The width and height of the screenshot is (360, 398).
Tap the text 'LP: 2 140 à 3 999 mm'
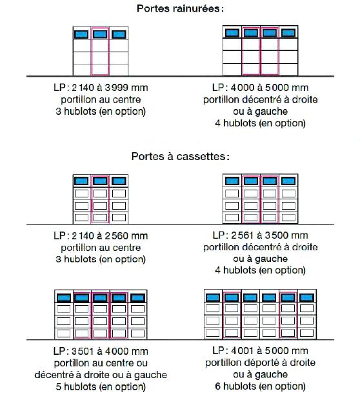(101, 88)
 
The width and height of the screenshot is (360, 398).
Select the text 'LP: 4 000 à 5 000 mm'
(260, 88)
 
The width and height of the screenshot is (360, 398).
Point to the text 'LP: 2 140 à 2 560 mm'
(101, 235)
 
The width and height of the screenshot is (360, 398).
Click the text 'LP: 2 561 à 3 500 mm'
(260, 235)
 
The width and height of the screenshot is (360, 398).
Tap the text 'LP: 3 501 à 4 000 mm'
(101, 351)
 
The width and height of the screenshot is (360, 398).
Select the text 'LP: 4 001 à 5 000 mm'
(260, 350)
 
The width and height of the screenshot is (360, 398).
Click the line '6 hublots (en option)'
(260, 386)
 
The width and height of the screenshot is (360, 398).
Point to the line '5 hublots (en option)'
(101, 386)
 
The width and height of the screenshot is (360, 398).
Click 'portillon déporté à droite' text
(260, 363)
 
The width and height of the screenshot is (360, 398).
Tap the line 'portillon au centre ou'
(101, 363)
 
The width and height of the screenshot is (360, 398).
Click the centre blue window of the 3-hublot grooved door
(100, 34)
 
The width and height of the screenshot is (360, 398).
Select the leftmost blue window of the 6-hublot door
(213, 297)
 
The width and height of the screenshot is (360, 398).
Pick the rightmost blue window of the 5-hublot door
(137, 298)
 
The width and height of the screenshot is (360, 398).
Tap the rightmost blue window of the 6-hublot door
(306, 297)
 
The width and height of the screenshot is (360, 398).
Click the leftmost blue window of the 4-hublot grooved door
(232, 33)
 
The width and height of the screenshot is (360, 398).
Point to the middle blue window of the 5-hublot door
(101, 298)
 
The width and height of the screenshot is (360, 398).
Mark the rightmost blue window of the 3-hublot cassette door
(119, 181)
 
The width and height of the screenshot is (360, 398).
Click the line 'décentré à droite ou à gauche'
(101, 375)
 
